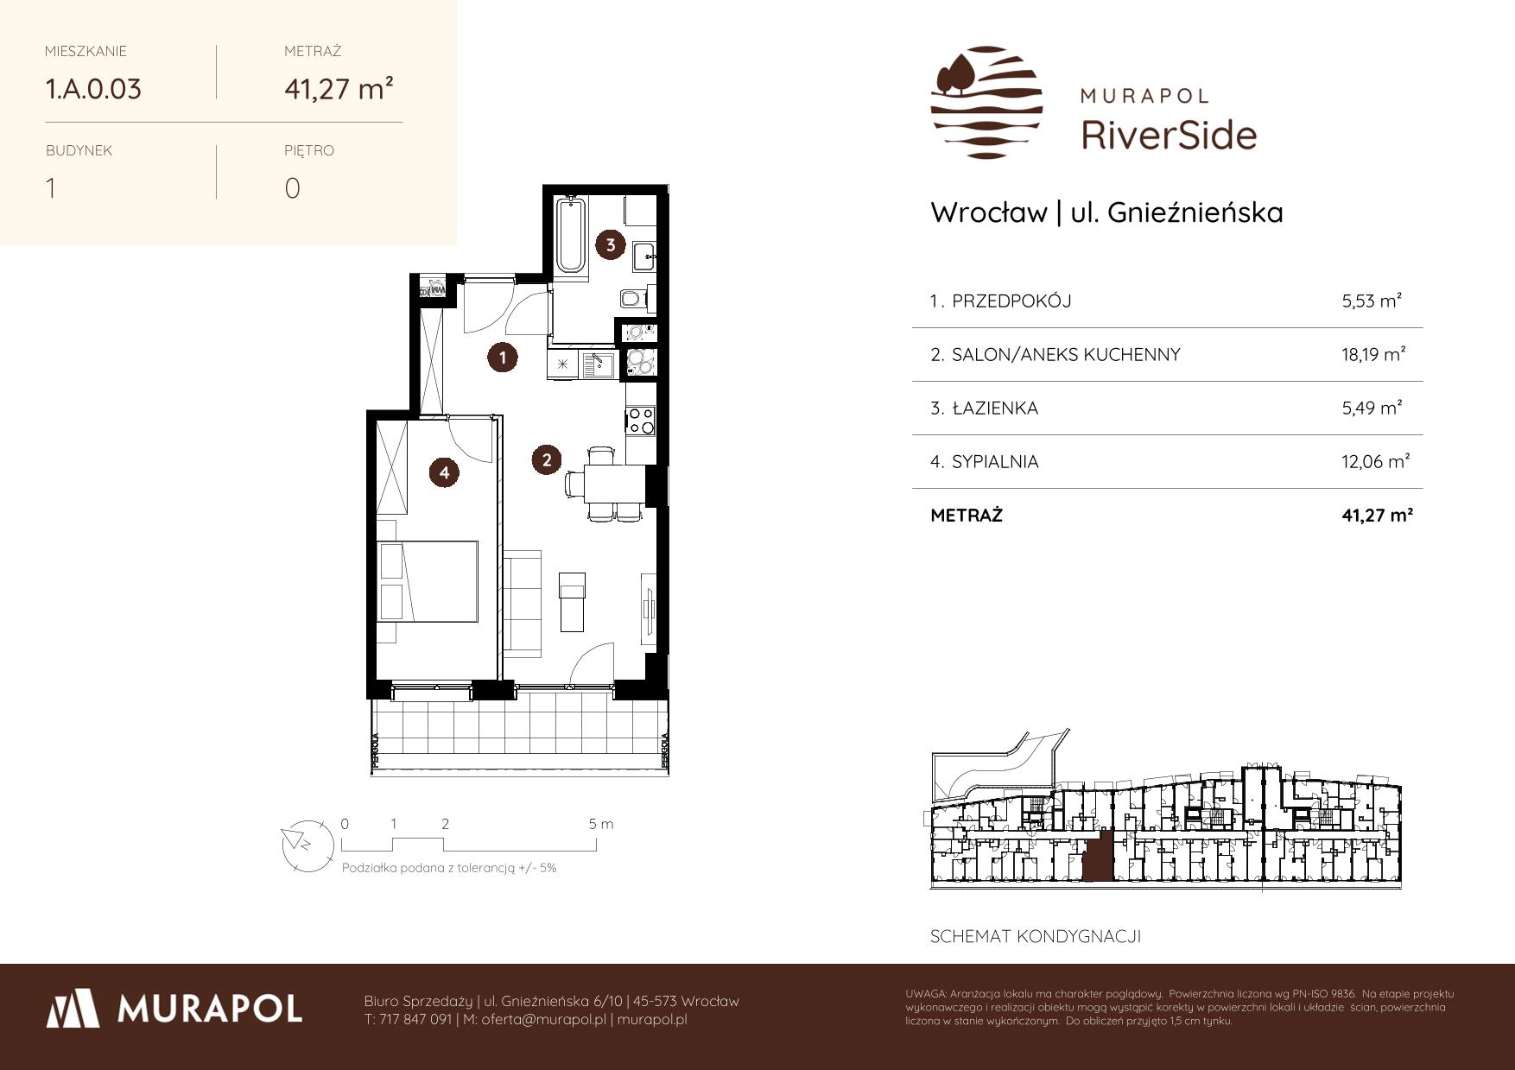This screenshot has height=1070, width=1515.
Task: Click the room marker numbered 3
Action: click(611, 244)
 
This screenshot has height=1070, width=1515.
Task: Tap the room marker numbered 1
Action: click(502, 357)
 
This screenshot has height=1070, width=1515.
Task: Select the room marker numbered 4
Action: click(444, 472)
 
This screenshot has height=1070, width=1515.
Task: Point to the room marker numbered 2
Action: click(547, 460)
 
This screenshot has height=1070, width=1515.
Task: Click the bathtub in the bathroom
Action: click(571, 236)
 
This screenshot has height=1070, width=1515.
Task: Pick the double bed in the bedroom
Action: click(428, 581)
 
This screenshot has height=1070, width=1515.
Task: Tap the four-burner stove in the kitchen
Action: click(640, 421)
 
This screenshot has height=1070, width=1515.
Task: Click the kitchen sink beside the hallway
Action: click(597, 365)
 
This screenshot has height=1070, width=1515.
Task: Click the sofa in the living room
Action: click(523, 601)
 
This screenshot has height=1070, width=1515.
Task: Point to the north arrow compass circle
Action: click(307, 844)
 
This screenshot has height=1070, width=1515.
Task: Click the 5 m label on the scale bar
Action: click(601, 824)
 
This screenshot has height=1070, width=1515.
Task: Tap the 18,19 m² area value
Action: click(1373, 354)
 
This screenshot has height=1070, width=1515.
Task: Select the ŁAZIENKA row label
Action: click(994, 408)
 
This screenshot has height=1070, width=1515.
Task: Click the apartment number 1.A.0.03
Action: click(93, 89)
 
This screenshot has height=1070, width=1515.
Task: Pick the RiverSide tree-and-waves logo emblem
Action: click(986, 102)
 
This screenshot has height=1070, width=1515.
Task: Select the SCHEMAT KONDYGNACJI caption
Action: click(1036, 936)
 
